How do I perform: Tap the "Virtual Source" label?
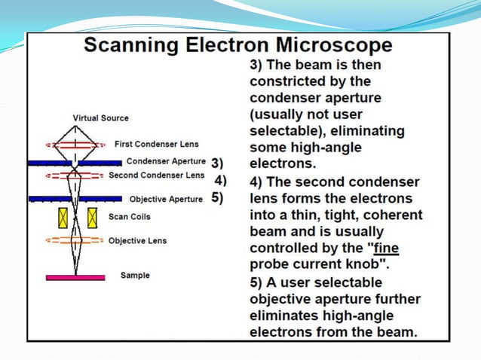click(x=100, y=118)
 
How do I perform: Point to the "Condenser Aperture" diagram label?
click(x=166, y=161)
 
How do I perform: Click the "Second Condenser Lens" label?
click(x=156, y=175)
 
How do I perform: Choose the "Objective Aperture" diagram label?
click(x=166, y=200)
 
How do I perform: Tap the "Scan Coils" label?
click(x=130, y=217)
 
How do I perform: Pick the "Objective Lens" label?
click(x=137, y=241)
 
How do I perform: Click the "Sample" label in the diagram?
click(x=135, y=276)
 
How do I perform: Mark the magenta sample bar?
click(x=75, y=277)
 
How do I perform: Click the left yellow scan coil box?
click(x=63, y=218)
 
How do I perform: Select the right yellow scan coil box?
click(x=92, y=218)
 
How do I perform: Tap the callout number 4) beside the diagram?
click(x=221, y=180)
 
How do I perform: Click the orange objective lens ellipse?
click(x=75, y=241)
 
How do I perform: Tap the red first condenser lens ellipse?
click(x=75, y=144)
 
